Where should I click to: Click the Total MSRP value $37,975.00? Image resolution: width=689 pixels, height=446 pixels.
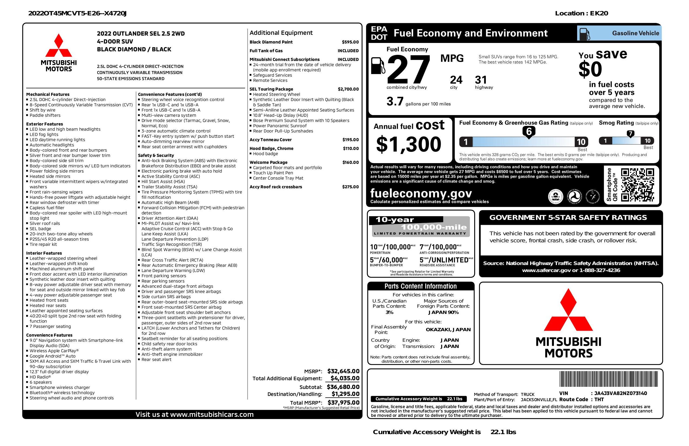[343, 402]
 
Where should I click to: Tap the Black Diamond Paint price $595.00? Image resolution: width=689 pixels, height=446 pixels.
[350, 42]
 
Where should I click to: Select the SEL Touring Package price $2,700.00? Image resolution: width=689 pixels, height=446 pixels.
[348, 89]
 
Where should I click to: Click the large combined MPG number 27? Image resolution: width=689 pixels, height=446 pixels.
[408, 70]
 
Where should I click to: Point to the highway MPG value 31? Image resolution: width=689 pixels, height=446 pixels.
[481, 80]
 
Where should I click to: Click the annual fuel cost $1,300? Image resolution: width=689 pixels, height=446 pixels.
[409, 144]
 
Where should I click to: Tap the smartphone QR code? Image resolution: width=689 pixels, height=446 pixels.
[637, 185]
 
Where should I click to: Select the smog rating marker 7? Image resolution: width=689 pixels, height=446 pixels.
[630, 134]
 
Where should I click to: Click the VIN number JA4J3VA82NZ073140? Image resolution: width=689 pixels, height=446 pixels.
[620, 393]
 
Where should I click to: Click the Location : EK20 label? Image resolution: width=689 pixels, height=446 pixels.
[581, 13]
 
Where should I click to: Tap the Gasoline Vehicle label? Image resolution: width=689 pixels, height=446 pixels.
[636, 33]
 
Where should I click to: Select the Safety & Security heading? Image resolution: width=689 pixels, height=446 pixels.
[156, 155]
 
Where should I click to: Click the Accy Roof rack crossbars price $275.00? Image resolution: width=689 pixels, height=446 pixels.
[350, 187]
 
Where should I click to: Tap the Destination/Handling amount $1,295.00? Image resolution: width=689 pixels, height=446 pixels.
[345, 394]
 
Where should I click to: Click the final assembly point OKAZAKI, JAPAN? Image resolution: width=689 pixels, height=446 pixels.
[448, 329]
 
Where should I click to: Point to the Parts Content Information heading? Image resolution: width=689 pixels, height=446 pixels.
[420, 286]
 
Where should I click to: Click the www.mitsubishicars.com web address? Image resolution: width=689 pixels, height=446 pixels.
[212, 414]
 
